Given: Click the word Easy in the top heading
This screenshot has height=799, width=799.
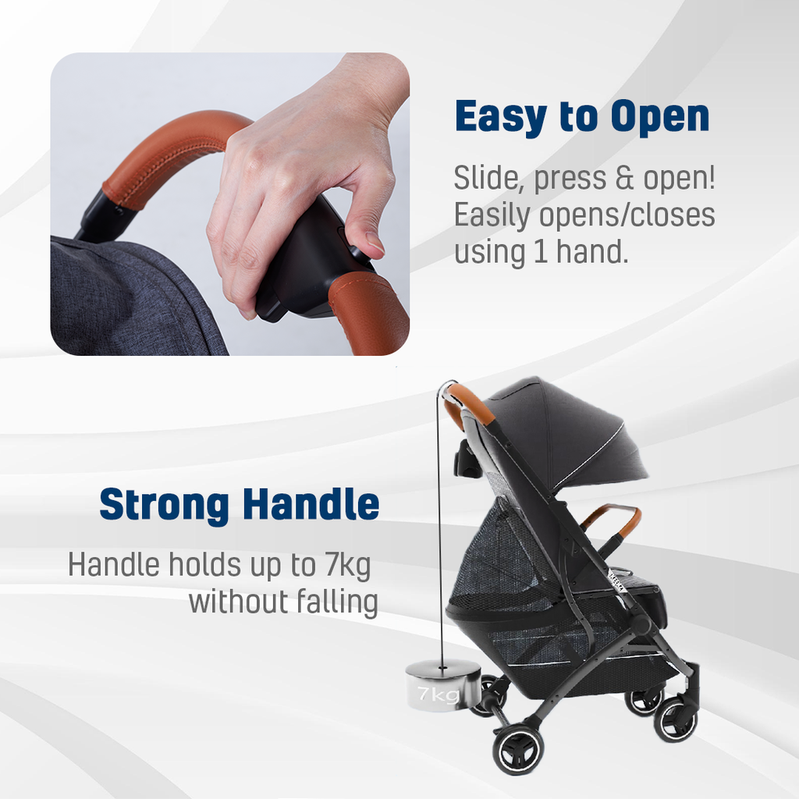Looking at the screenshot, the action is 500,117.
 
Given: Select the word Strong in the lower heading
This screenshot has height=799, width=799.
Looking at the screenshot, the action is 164,506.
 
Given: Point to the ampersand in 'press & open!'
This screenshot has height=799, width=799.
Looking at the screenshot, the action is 625,178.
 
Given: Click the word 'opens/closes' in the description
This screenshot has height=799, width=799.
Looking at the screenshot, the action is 627,216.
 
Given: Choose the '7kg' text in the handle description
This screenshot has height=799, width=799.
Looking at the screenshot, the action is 347,566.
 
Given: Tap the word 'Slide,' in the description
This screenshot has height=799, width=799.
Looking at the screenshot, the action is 489,179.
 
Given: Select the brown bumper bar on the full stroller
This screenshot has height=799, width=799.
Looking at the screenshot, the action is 612,520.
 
